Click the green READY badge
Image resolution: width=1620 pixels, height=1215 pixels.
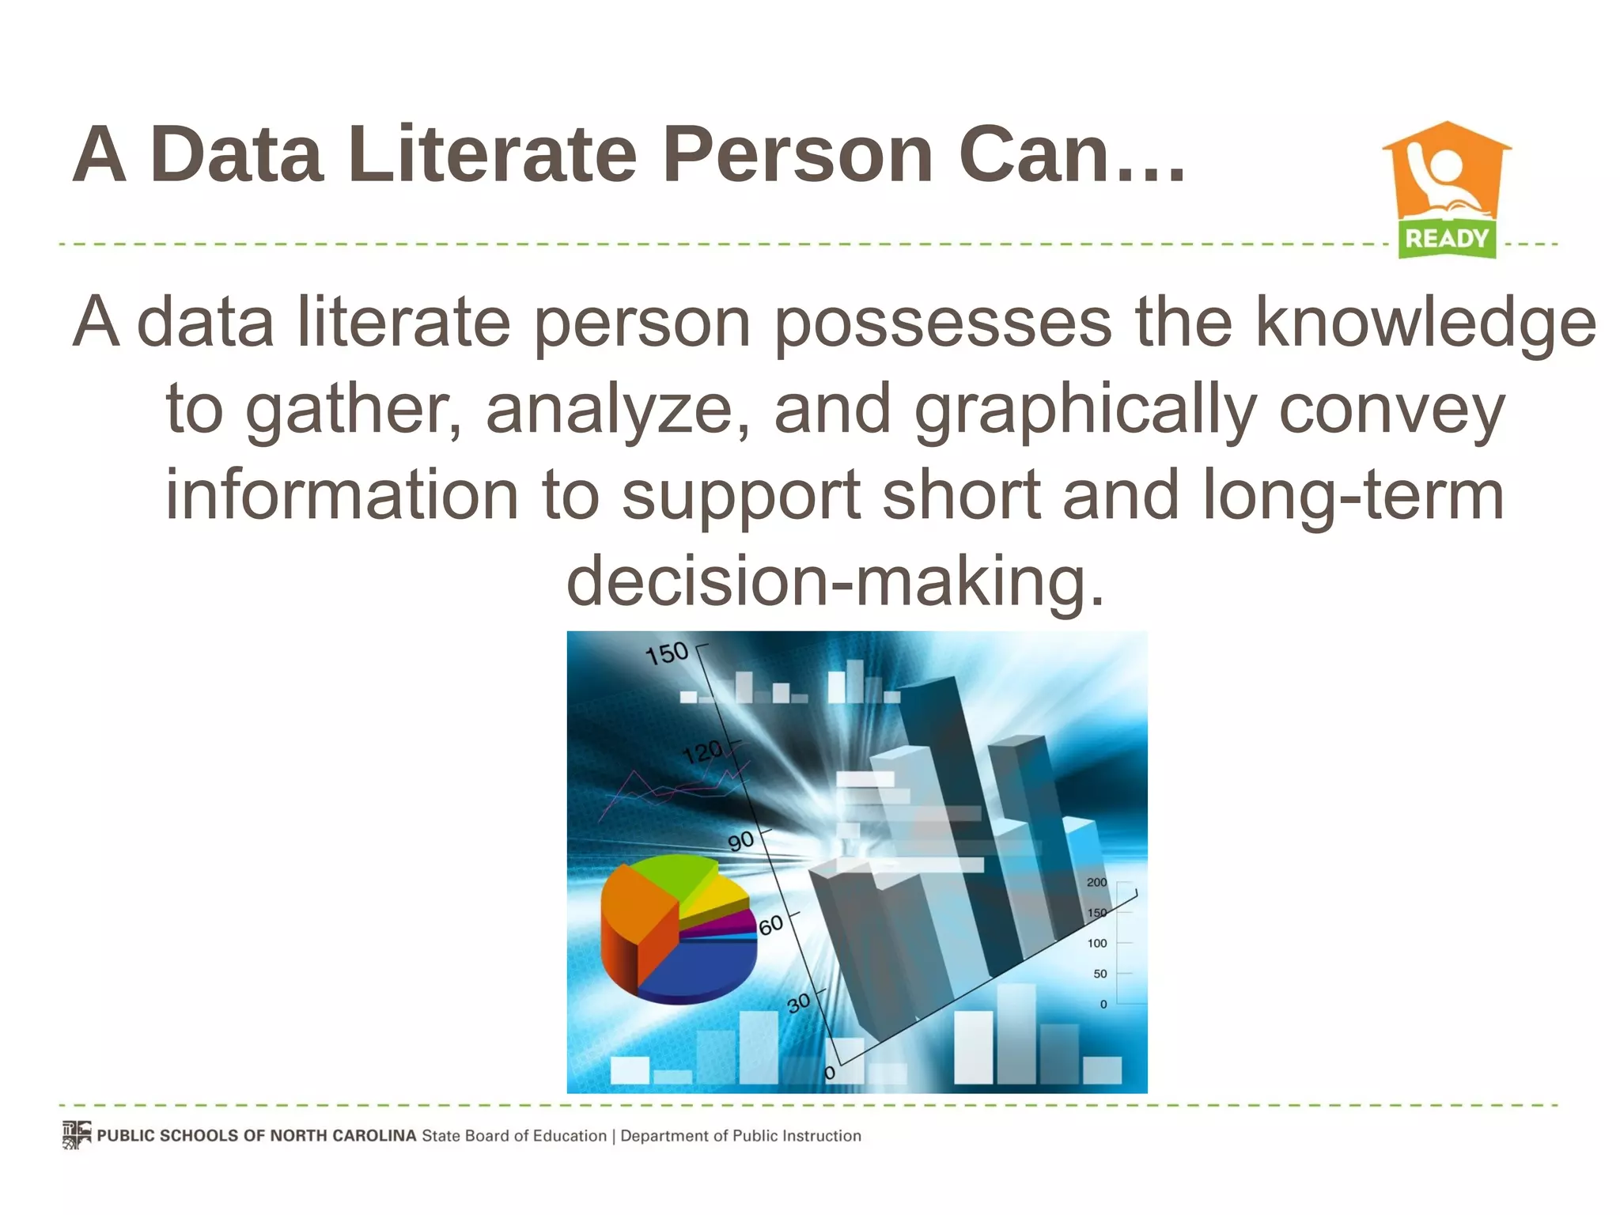click(x=1447, y=239)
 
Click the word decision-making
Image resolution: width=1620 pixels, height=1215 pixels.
click(x=835, y=581)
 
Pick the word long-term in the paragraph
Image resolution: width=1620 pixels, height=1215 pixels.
click(x=1353, y=495)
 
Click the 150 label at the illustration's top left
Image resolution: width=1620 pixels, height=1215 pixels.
click(x=667, y=653)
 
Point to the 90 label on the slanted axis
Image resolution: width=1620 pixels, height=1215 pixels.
click(x=741, y=841)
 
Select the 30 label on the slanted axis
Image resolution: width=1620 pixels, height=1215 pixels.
click(x=799, y=1002)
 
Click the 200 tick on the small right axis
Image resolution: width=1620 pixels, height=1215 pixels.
click(x=1096, y=882)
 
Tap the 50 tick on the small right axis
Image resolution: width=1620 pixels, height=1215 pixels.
click(x=1100, y=974)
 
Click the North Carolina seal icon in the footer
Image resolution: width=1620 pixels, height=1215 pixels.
click(x=77, y=1135)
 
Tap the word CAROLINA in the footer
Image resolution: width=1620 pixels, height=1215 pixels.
click(x=373, y=1136)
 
